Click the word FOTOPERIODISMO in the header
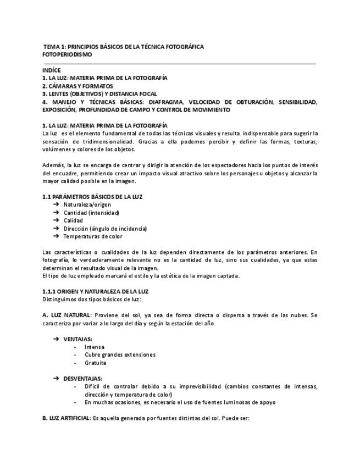(67, 55)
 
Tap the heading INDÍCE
(51, 70)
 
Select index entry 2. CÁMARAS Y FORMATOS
(77, 86)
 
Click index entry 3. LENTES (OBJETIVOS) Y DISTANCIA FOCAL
(99, 94)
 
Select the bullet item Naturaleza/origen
(87, 205)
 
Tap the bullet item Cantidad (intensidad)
(91, 213)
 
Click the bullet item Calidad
(73, 220)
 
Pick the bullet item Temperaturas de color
(93, 236)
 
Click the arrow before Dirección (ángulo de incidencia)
(56, 229)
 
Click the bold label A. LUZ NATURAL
(67, 315)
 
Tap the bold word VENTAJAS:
(77, 339)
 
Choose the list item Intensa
(95, 347)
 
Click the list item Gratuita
(96, 363)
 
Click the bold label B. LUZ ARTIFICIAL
(67, 419)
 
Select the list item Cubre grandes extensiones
(120, 355)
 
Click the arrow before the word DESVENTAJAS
(56, 379)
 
